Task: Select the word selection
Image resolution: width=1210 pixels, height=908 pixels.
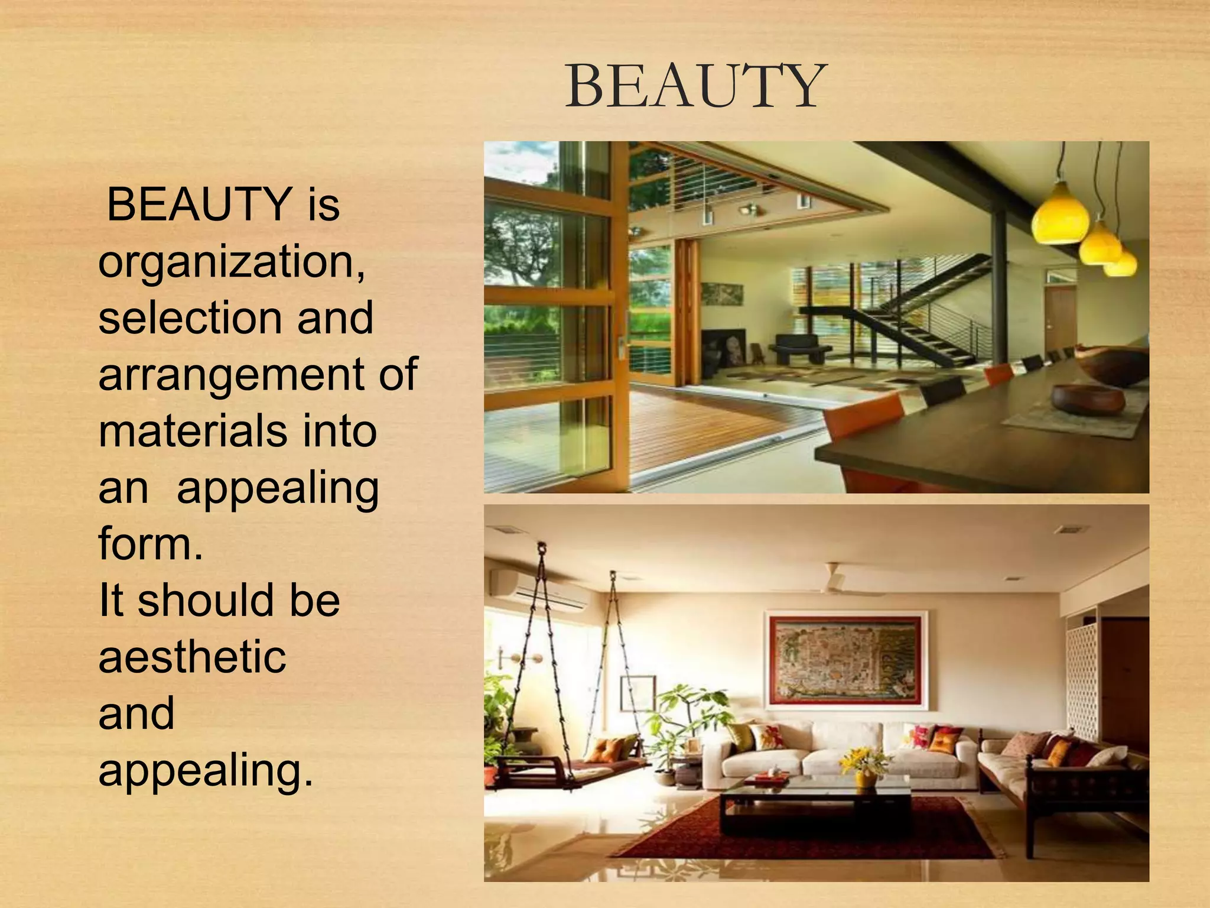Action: (x=189, y=318)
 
